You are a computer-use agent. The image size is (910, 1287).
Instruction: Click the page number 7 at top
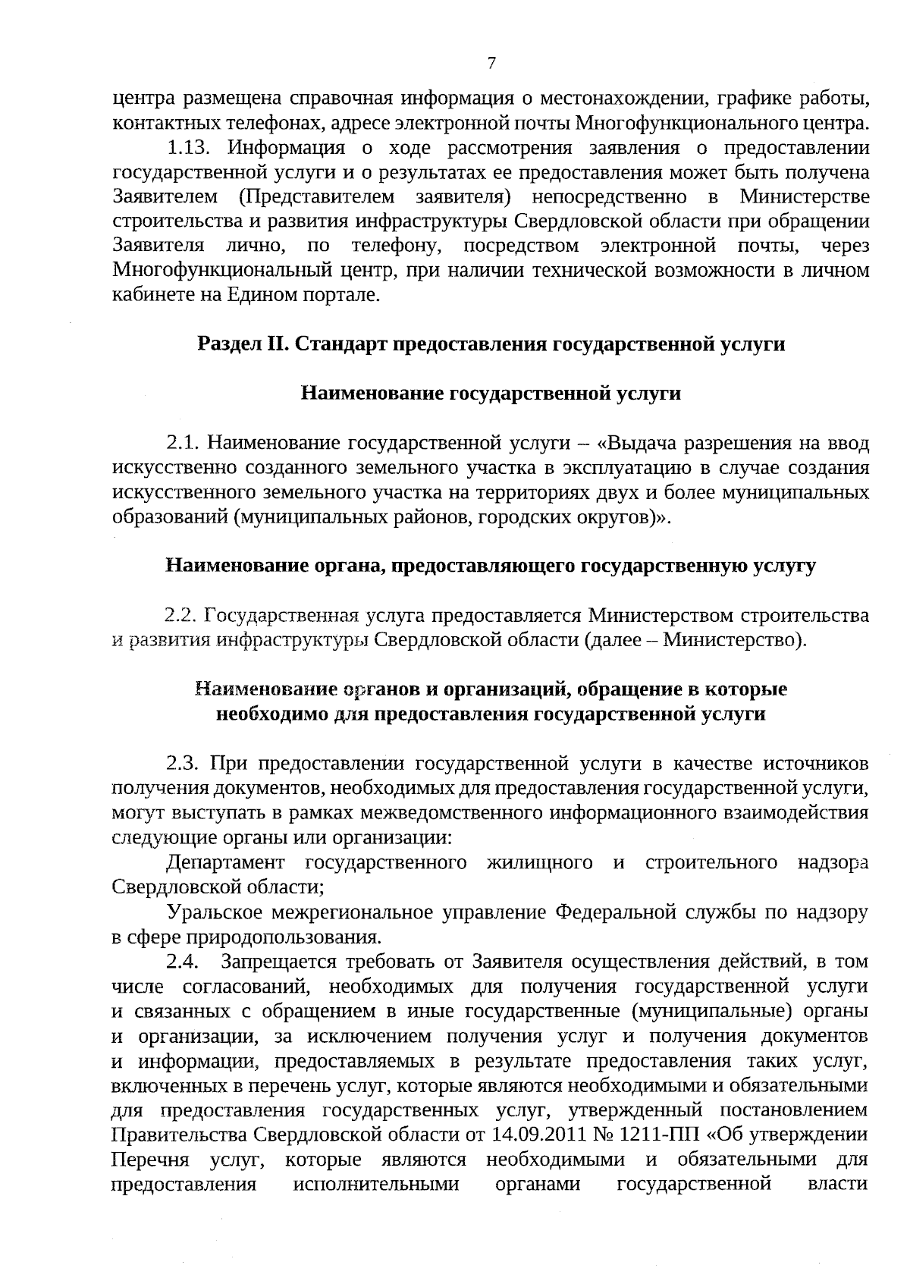pos(491,64)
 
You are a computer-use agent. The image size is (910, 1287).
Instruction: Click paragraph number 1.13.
pos(183,148)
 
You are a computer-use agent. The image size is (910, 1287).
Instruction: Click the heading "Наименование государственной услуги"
pos(491,394)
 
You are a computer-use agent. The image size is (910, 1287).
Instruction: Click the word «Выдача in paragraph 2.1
pos(634,442)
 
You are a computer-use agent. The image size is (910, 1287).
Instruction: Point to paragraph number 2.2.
pos(181,615)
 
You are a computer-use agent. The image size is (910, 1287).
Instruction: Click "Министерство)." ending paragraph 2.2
pos(734,640)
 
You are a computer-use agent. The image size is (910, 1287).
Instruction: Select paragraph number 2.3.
pos(183,763)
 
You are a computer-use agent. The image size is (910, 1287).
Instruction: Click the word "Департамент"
pos(226,862)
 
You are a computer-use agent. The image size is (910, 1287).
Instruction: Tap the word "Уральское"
pos(217,912)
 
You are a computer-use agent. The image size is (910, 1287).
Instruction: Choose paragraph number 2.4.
pos(183,962)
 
